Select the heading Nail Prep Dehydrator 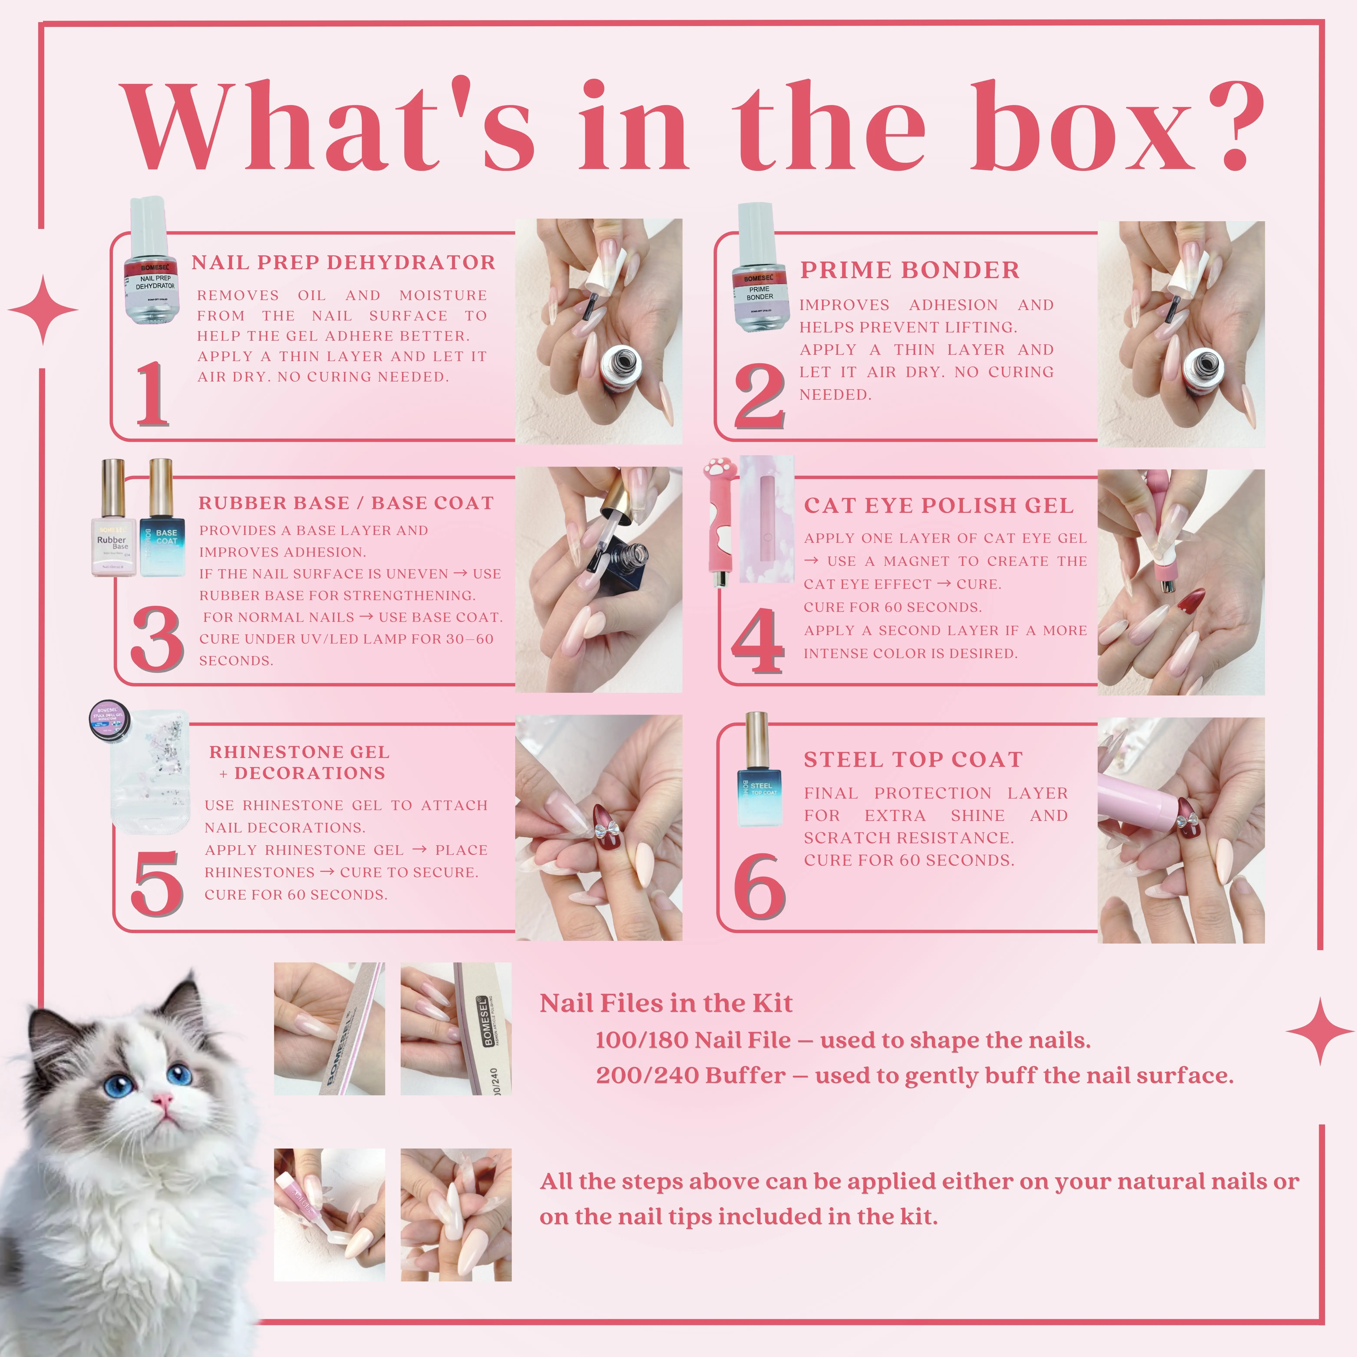coord(343,263)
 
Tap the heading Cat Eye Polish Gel coord(938,506)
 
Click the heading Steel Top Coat coord(913,759)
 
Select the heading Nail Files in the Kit coord(666,1003)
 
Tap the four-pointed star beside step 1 coord(43,310)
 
